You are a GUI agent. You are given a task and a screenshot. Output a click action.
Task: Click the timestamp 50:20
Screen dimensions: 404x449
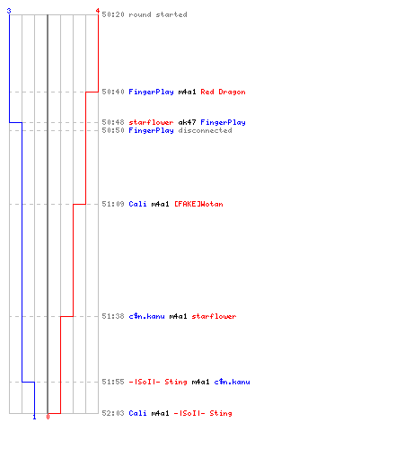click(113, 14)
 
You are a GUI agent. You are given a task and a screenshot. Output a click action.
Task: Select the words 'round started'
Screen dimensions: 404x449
click(158, 14)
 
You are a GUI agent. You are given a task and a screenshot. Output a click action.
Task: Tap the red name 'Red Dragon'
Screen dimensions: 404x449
click(223, 92)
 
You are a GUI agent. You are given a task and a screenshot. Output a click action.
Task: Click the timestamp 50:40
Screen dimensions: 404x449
click(113, 92)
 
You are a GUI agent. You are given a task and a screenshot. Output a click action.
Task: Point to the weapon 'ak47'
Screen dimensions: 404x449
click(187, 122)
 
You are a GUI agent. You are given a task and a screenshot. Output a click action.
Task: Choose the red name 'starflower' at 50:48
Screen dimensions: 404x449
click(151, 122)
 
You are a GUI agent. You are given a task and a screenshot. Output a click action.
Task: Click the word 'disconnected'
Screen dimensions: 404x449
click(205, 130)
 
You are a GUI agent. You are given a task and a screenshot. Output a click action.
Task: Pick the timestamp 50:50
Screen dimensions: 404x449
click(113, 130)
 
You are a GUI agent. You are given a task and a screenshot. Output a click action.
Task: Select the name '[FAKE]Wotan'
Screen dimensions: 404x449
click(198, 204)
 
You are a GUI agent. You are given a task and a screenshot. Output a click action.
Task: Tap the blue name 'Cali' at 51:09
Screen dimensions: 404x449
click(137, 204)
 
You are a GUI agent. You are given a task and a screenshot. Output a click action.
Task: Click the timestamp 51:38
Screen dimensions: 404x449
click(113, 316)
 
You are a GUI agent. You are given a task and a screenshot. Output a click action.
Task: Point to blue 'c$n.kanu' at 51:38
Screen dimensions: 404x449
click(146, 316)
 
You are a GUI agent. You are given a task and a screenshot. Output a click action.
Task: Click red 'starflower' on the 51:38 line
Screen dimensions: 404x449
click(214, 316)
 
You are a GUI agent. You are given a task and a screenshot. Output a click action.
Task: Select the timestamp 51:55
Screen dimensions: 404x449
click(113, 382)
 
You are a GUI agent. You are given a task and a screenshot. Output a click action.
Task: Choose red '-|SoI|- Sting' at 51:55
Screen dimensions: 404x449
click(158, 382)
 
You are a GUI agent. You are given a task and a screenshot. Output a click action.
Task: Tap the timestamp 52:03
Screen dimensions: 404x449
click(113, 413)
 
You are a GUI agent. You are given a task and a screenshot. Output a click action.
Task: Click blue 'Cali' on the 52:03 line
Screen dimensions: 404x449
click(137, 413)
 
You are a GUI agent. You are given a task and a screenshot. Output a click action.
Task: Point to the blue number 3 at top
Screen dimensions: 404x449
click(9, 11)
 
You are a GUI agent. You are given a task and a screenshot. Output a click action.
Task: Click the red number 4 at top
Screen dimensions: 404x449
click(98, 11)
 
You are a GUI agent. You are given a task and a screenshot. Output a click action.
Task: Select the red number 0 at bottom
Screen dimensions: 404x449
click(48, 417)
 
